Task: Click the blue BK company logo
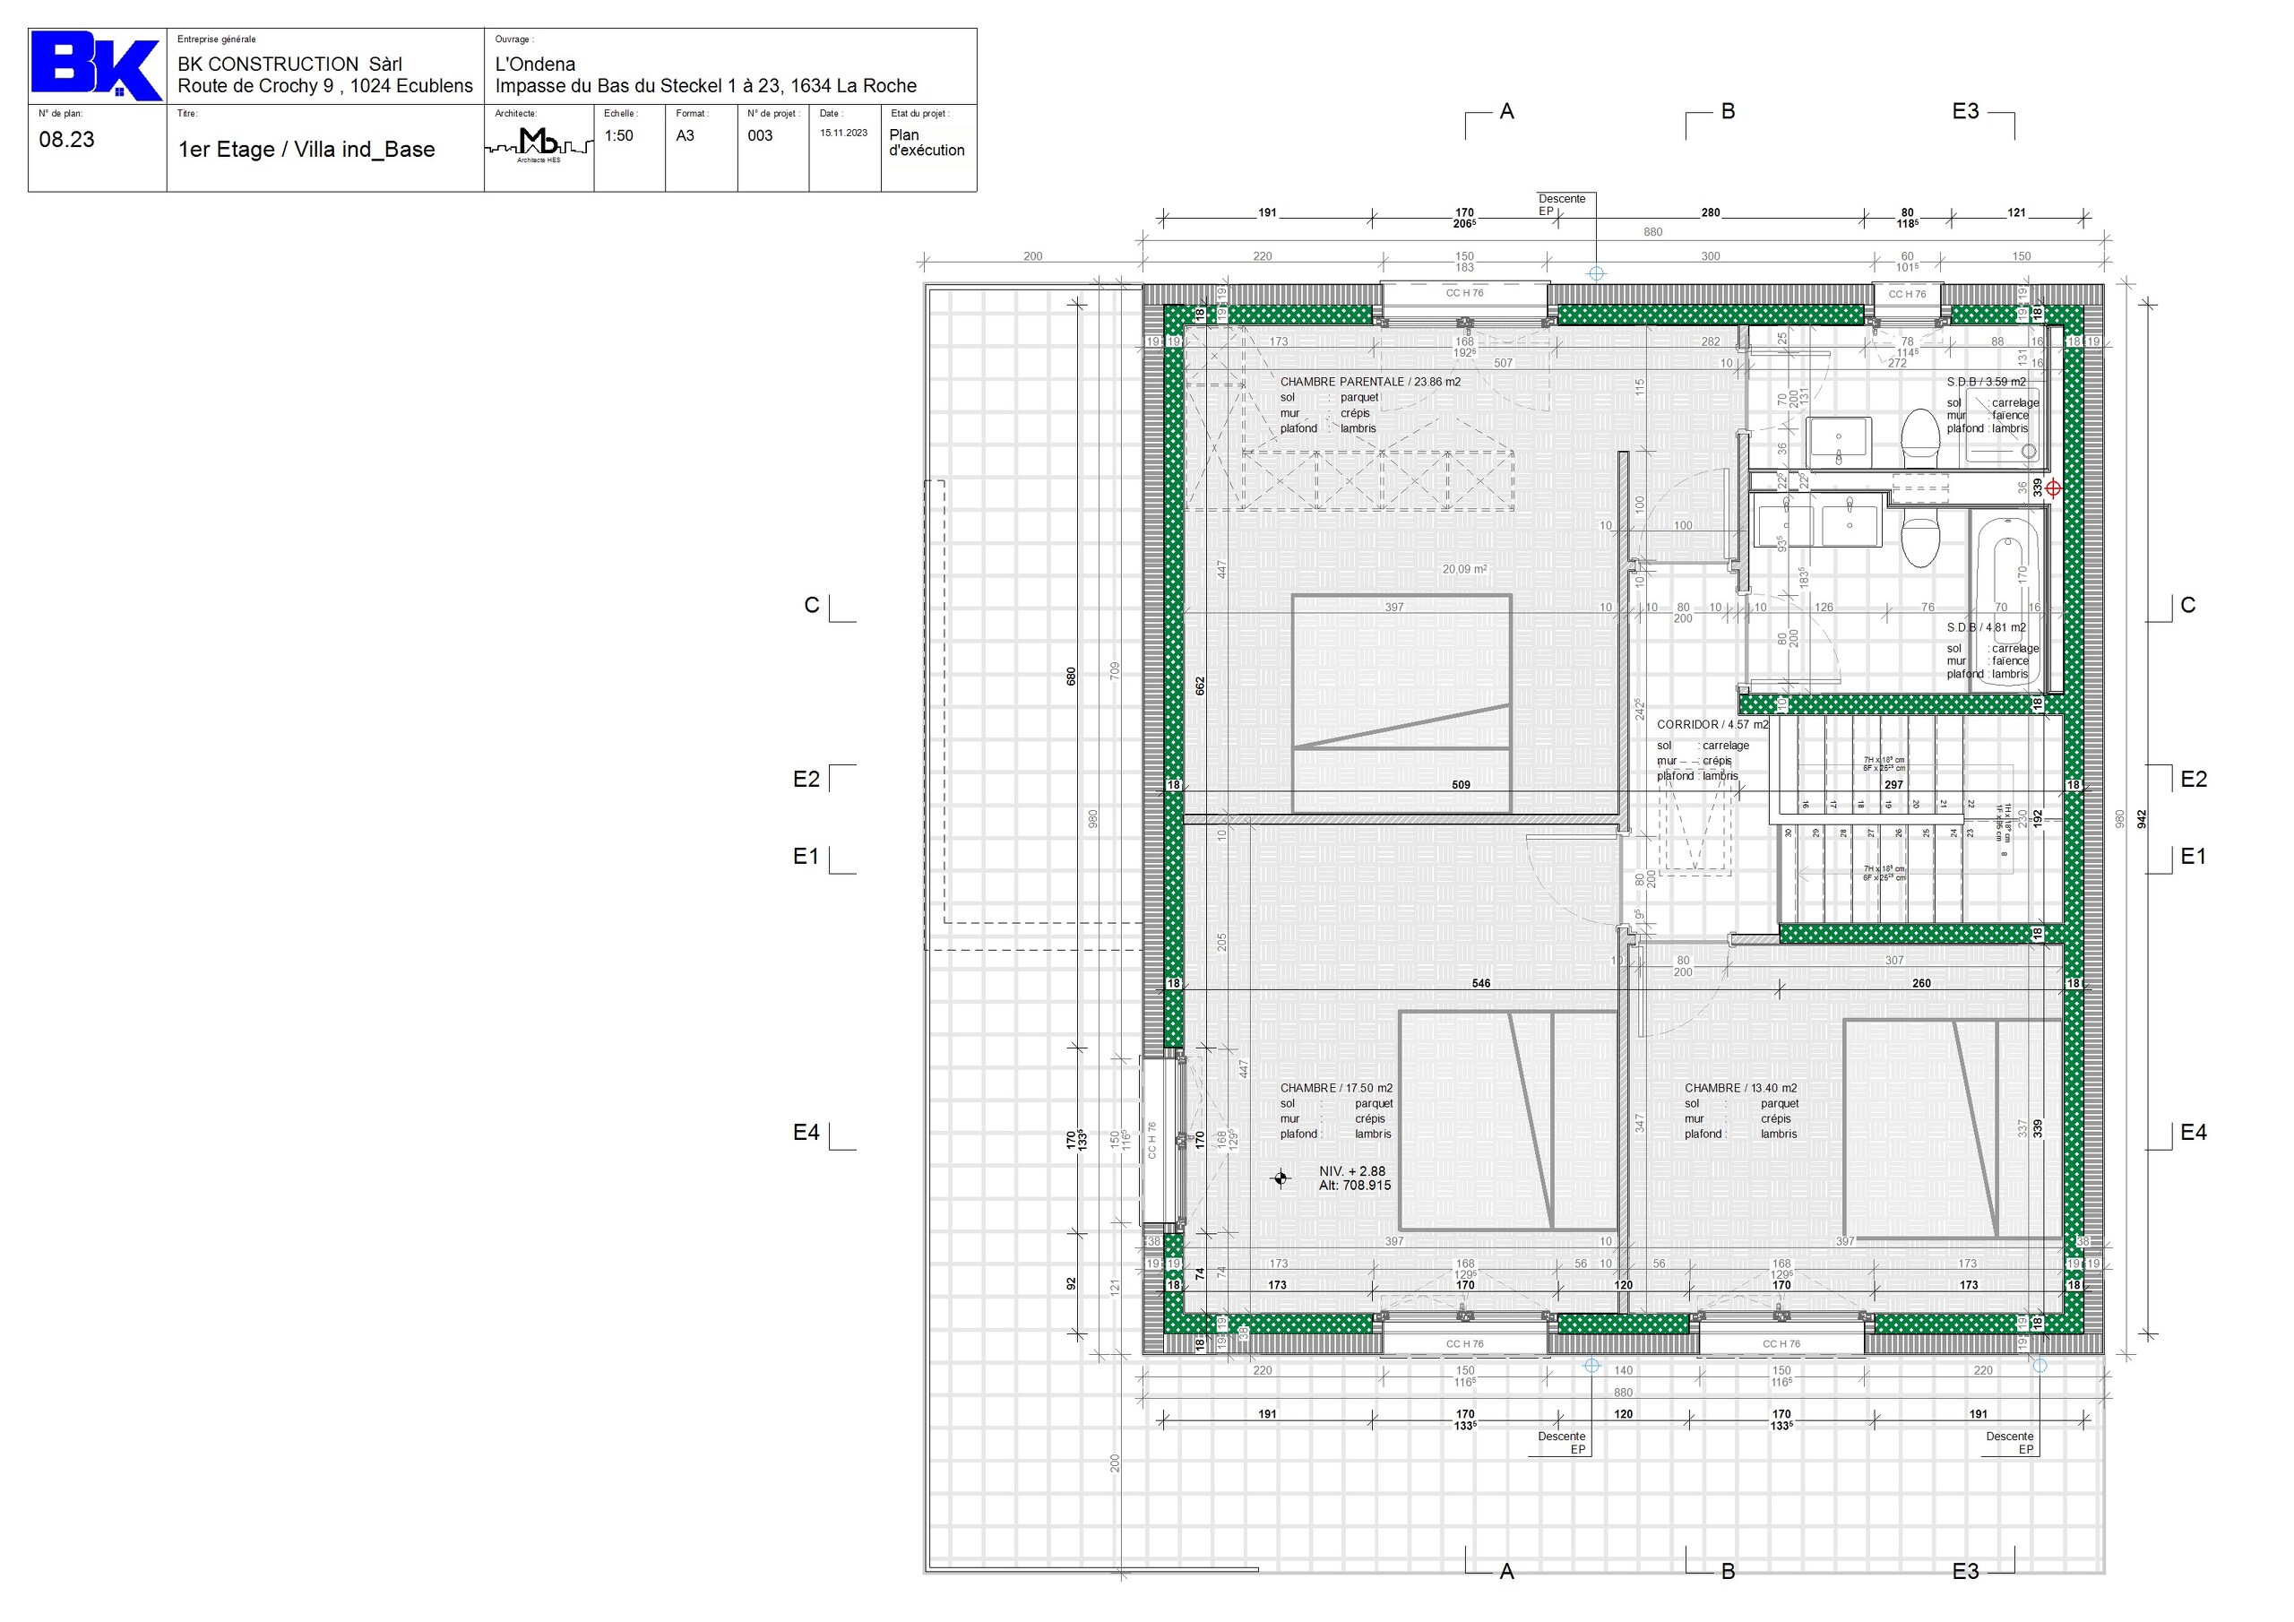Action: point(96,67)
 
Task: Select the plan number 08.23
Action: point(67,140)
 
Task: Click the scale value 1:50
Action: point(618,136)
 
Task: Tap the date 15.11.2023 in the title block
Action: point(843,133)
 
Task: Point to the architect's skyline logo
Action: point(539,145)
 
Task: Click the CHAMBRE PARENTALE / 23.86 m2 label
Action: point(1370,382)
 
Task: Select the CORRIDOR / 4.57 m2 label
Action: point(1712,725)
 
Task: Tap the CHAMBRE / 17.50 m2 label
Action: point(1336,1088)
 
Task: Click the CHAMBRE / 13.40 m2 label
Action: point(1740,1088)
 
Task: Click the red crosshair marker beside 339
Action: point(2052,488)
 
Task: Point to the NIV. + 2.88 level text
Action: point(1352,1171)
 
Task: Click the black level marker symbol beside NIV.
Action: point(1281,1179)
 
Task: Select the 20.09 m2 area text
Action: point(1463,570)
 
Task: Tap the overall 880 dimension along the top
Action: point(1653,232)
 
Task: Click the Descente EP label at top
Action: point(1562,205)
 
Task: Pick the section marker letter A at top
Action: point(1506,112)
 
